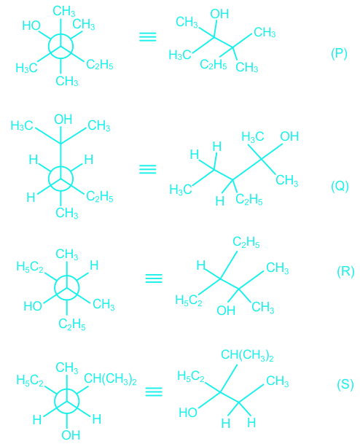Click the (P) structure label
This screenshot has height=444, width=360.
click(339, 53)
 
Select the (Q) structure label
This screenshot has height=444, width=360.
click(340, 187)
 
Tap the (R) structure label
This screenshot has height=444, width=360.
click(345, 271)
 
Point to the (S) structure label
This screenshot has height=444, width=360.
click(345, 384)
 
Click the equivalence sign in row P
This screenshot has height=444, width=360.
click(148, 36)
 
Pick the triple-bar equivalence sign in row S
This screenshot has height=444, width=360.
click(154, 392)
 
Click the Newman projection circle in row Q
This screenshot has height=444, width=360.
click(60, 179)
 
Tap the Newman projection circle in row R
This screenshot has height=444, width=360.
click(67, 288)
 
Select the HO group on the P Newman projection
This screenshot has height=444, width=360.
click(31, 26)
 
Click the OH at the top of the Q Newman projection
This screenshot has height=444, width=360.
click(63, 120)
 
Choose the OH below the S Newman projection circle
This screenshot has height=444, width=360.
click(71, 435)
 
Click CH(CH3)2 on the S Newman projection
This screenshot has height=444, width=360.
click(110, 379)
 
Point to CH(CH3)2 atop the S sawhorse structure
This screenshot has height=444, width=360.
click(247, 355)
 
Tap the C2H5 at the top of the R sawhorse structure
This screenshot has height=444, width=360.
click(246, 242)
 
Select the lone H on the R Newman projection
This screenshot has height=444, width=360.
click(94, 265)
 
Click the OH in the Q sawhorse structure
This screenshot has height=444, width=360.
click(289, 136)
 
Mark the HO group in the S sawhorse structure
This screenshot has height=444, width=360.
click(188, 413)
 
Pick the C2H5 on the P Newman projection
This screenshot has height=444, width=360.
click(100, 65)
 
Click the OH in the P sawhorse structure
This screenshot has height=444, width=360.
click(219, 14)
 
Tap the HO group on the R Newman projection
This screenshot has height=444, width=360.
click(33, 306)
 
